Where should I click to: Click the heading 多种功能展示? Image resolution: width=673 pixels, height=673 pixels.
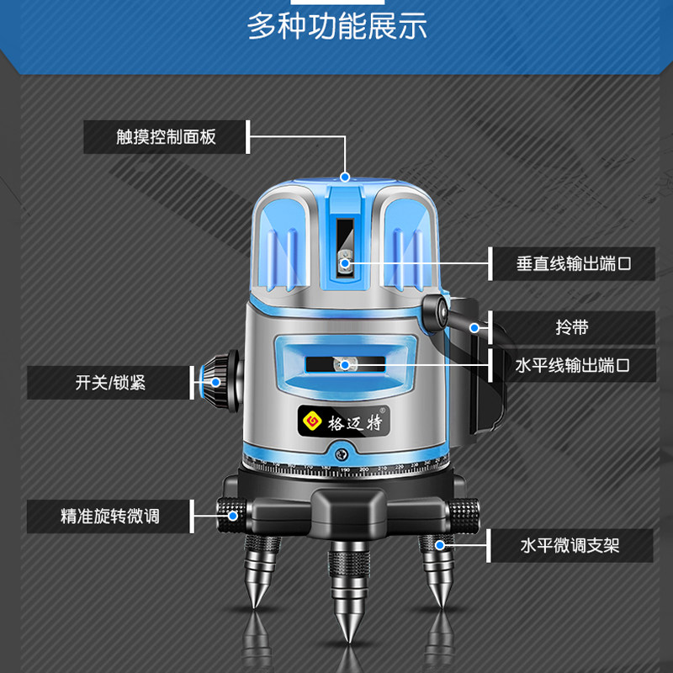click(x=336, y=26)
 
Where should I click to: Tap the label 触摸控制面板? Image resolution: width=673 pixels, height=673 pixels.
click(x=166, y=136)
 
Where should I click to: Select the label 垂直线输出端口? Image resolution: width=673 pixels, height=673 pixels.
click(x=573, y=263)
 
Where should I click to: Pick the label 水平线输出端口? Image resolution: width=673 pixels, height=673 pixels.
click(x=573, y=365)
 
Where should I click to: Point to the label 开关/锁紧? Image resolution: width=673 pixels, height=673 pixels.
click(x=110, y=382)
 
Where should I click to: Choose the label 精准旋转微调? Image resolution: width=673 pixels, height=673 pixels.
click(x=110, y=516)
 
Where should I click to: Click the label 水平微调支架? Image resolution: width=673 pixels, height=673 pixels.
click(x=570, y=545)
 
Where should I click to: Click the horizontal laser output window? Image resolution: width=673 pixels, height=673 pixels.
click(x=345, y=364)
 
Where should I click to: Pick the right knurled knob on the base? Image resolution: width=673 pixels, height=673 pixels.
click(x=461, y=510)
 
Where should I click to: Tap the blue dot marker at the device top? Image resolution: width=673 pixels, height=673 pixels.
click(x=345, y=177)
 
